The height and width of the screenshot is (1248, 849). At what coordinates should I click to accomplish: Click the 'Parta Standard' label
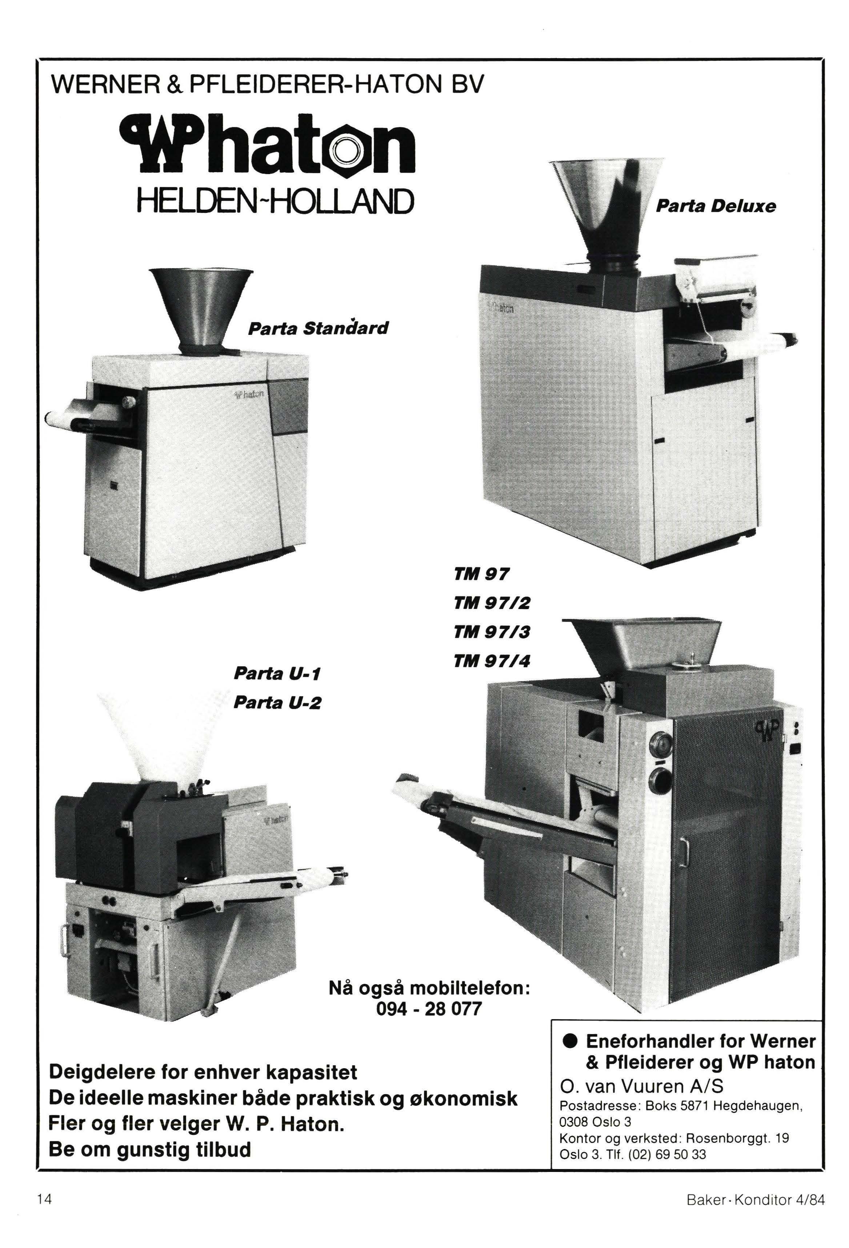[318, 327]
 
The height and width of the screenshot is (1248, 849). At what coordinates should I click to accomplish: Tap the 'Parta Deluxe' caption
[716, 206]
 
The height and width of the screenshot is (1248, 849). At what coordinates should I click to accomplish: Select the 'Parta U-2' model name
[277, 703]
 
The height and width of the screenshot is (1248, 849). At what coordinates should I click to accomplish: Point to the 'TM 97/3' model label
[492, 632]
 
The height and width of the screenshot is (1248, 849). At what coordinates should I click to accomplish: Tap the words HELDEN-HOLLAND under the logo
[276, 200]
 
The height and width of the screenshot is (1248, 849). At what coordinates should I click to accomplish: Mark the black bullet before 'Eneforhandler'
[570, 1042]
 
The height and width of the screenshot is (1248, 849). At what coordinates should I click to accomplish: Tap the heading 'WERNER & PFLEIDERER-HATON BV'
[267, 84]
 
